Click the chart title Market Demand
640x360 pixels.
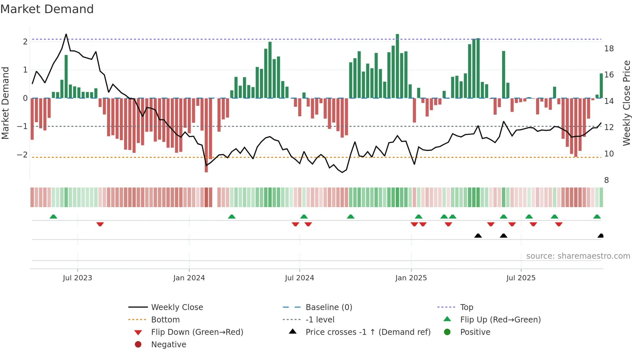click(47, 9)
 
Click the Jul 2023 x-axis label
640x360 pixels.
click(77, 278)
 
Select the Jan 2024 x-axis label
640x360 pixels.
click(189, 278)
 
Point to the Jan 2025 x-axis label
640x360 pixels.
click(411, 278)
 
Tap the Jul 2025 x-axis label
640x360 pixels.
click(521, 278)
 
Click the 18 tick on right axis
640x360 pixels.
click(609, 49)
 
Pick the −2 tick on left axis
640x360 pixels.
click(22, 155)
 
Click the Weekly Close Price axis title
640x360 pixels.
click(626, 103)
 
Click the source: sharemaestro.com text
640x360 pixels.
click(578, 256)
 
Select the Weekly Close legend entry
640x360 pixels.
click(177, 307)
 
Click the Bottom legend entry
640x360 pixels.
click(165, 320)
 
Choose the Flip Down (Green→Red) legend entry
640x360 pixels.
click(197, 332)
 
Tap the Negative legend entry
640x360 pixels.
click(168, 345)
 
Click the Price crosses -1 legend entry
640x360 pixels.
click(368, 332)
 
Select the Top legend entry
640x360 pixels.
click(466, 307)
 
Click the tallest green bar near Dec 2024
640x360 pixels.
click(397, 65)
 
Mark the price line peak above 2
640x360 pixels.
click(66, 34)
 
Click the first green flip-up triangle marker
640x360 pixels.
click(53, 217)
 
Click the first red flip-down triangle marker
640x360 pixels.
click(100, 224)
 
